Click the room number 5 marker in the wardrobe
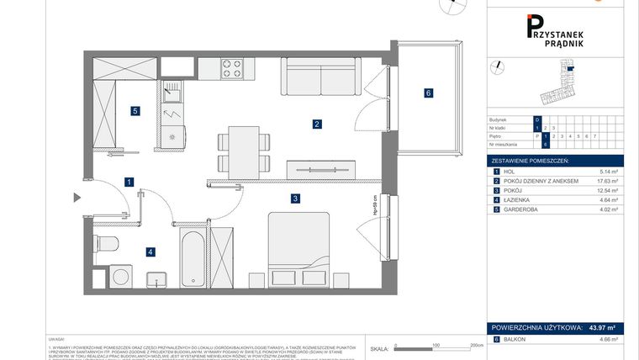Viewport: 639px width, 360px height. (x=134, y=110)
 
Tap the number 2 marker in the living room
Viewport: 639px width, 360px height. (x=317, y=124)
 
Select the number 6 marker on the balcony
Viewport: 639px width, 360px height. (x=428, y=93)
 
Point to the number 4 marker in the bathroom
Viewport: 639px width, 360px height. (x=150, y=251)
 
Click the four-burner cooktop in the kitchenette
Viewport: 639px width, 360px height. (x=232, y=69)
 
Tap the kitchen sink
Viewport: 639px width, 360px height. (x=173, y=88)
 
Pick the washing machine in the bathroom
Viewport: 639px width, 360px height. (x=123, y=276)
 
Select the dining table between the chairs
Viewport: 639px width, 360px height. (x=242, y=151)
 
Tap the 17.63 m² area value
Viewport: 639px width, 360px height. (x=606, y=181)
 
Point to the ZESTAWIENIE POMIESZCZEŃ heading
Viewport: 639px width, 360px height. (x=531, y=160)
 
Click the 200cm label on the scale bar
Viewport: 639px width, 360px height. (x=477, y=346)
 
